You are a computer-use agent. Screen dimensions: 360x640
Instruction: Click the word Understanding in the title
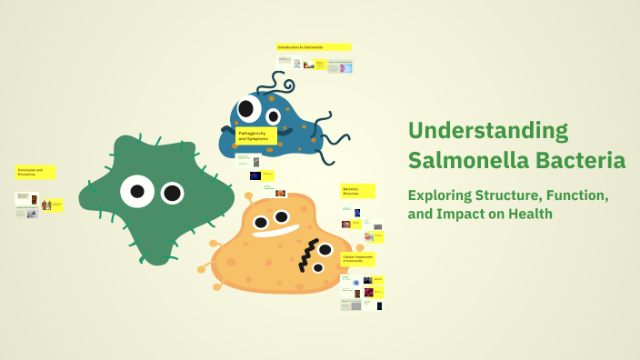[x=488, y=131]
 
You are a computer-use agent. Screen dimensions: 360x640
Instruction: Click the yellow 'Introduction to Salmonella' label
[x=313, y=46]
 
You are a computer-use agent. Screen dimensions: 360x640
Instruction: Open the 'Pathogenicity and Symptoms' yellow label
[x=255, y=135]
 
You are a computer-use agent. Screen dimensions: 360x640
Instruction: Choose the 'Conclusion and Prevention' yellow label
[x=35, y=172]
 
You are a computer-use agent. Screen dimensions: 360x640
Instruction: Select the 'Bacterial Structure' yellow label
[x=357, y=191]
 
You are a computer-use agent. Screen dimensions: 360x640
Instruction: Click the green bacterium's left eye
[x=137, y=191]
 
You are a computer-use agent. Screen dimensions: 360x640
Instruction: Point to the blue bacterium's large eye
[x=272, y=113]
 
